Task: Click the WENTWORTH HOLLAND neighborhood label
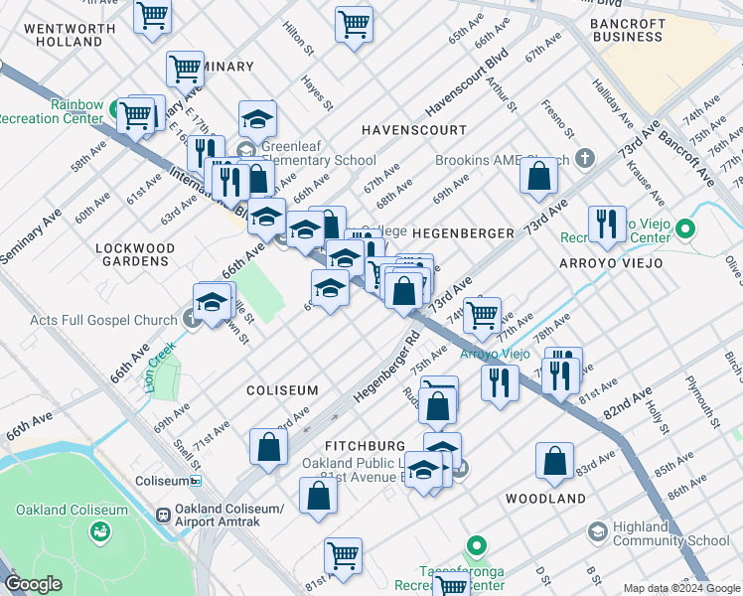(63, 34)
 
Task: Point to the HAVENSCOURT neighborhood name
(413, 130)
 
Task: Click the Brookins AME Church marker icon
(585, 159)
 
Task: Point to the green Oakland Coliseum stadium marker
(99, 531)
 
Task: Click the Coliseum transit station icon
(197, 481)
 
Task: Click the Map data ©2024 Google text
(680, 588)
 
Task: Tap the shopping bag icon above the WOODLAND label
(553, 461)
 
